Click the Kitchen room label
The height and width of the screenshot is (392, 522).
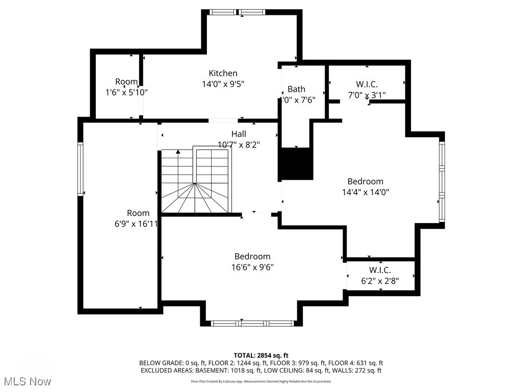pyautogui.click(x=223, y=73)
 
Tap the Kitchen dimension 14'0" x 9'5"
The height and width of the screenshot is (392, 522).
pyautogui.click(x=223, y=84)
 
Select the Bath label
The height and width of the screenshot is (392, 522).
pyautogui.click(x=296, y=89)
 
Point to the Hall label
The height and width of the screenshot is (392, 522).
pyautogui.click(x=239, y=134)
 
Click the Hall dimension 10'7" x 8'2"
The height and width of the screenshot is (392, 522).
pyautogui.click(x=239, y=144)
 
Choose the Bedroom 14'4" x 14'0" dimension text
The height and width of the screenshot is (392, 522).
pyautogui.click(x=365, y=192)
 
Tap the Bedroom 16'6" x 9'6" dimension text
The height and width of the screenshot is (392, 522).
pyautogui.click(x=252, y=267)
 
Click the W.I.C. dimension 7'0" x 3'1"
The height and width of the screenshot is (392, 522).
pyautogui.click(x=367, y=94)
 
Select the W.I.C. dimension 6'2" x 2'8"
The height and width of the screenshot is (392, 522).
pyautogui.click(x=380, y=280)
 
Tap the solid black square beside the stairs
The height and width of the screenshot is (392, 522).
pyautogui.click(x=296, y=163)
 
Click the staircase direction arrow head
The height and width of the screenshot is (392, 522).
pyautogui.click(x=178, y=151)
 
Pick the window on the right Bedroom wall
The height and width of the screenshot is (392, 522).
pyautogui.click(x=441, y=181)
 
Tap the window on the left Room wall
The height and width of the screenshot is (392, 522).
pyautogui.click(x=80, y=169)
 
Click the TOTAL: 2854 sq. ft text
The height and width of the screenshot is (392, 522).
pyautogui.click(x=261, y=355)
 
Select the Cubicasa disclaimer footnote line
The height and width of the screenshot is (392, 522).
pyautogui.click(x=261, y=381)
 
